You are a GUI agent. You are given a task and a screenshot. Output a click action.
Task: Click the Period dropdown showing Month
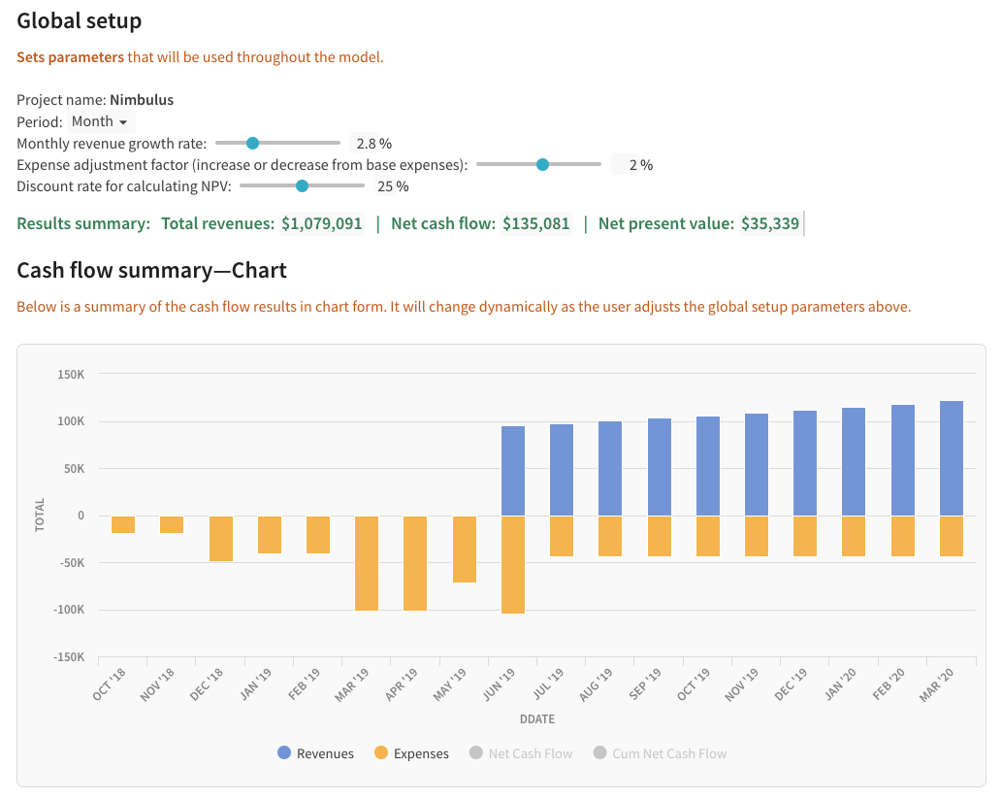pos(101,122)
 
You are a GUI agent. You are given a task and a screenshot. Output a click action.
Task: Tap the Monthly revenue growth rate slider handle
pos(252,143)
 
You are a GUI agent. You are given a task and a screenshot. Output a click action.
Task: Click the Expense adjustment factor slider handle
pos(542,164)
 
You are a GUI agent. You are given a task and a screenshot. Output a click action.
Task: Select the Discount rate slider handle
pos(302,185)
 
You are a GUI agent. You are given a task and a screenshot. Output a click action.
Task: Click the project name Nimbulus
pos(142,100)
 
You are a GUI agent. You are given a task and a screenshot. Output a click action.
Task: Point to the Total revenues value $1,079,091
pos(322,224)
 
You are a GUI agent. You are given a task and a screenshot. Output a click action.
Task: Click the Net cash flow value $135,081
pos(536,224)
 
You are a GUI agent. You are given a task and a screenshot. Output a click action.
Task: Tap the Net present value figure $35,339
pos(770,224)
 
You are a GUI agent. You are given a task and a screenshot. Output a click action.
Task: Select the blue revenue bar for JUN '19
pos(513,471)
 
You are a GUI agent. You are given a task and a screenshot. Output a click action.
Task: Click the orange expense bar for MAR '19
pos(367,563)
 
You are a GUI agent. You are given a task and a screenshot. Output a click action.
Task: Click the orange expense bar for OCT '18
pos(123,525)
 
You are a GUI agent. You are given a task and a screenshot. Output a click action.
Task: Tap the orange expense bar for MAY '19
pos(465,550)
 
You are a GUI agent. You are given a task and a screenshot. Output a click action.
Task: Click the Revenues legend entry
pos(315,753)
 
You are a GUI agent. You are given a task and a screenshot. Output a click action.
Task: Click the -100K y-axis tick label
pos(70,611)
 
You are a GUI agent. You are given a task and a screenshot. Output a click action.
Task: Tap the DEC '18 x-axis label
pos(209,685)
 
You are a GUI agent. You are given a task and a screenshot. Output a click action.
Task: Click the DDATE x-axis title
pos(536,720)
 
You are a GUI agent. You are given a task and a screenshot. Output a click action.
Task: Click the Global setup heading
pos(80,20)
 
